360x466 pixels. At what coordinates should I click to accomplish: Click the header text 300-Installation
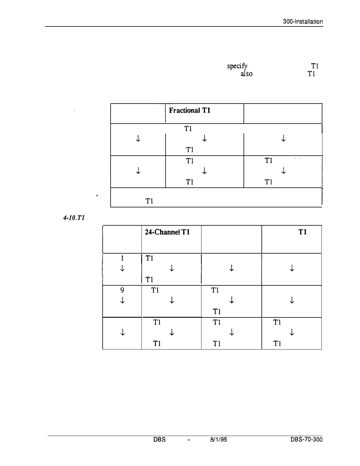click(x=303, y=22)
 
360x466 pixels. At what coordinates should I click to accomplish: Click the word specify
click(x=237, y=66)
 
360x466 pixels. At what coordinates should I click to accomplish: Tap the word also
click(x=246, y=74)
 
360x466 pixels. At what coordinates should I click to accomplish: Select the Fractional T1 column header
click(x=189, y=111)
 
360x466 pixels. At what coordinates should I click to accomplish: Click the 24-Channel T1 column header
click(x=167, y=232)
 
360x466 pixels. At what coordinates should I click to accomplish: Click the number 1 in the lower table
click(x=122, y=258)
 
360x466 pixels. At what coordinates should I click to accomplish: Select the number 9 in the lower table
click(x=122, y=290)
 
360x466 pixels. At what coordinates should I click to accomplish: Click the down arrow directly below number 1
click(x=122, y=268)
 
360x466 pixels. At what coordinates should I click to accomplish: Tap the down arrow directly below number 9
click(x=122, y=300)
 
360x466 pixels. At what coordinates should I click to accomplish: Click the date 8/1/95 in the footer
click(x=219, y=440)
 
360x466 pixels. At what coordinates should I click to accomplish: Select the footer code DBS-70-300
click(x=306, y=440)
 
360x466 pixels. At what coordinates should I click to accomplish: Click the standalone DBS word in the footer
click(x=159, y=440)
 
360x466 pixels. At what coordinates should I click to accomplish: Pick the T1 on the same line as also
click(x=311, y=74)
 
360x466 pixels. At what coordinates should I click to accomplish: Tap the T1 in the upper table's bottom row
click(x=149, y=202)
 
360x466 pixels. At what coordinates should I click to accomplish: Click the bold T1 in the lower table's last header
click(x=303, y=232)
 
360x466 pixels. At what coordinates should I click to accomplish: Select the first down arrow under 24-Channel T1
click(x=171, y=268)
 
